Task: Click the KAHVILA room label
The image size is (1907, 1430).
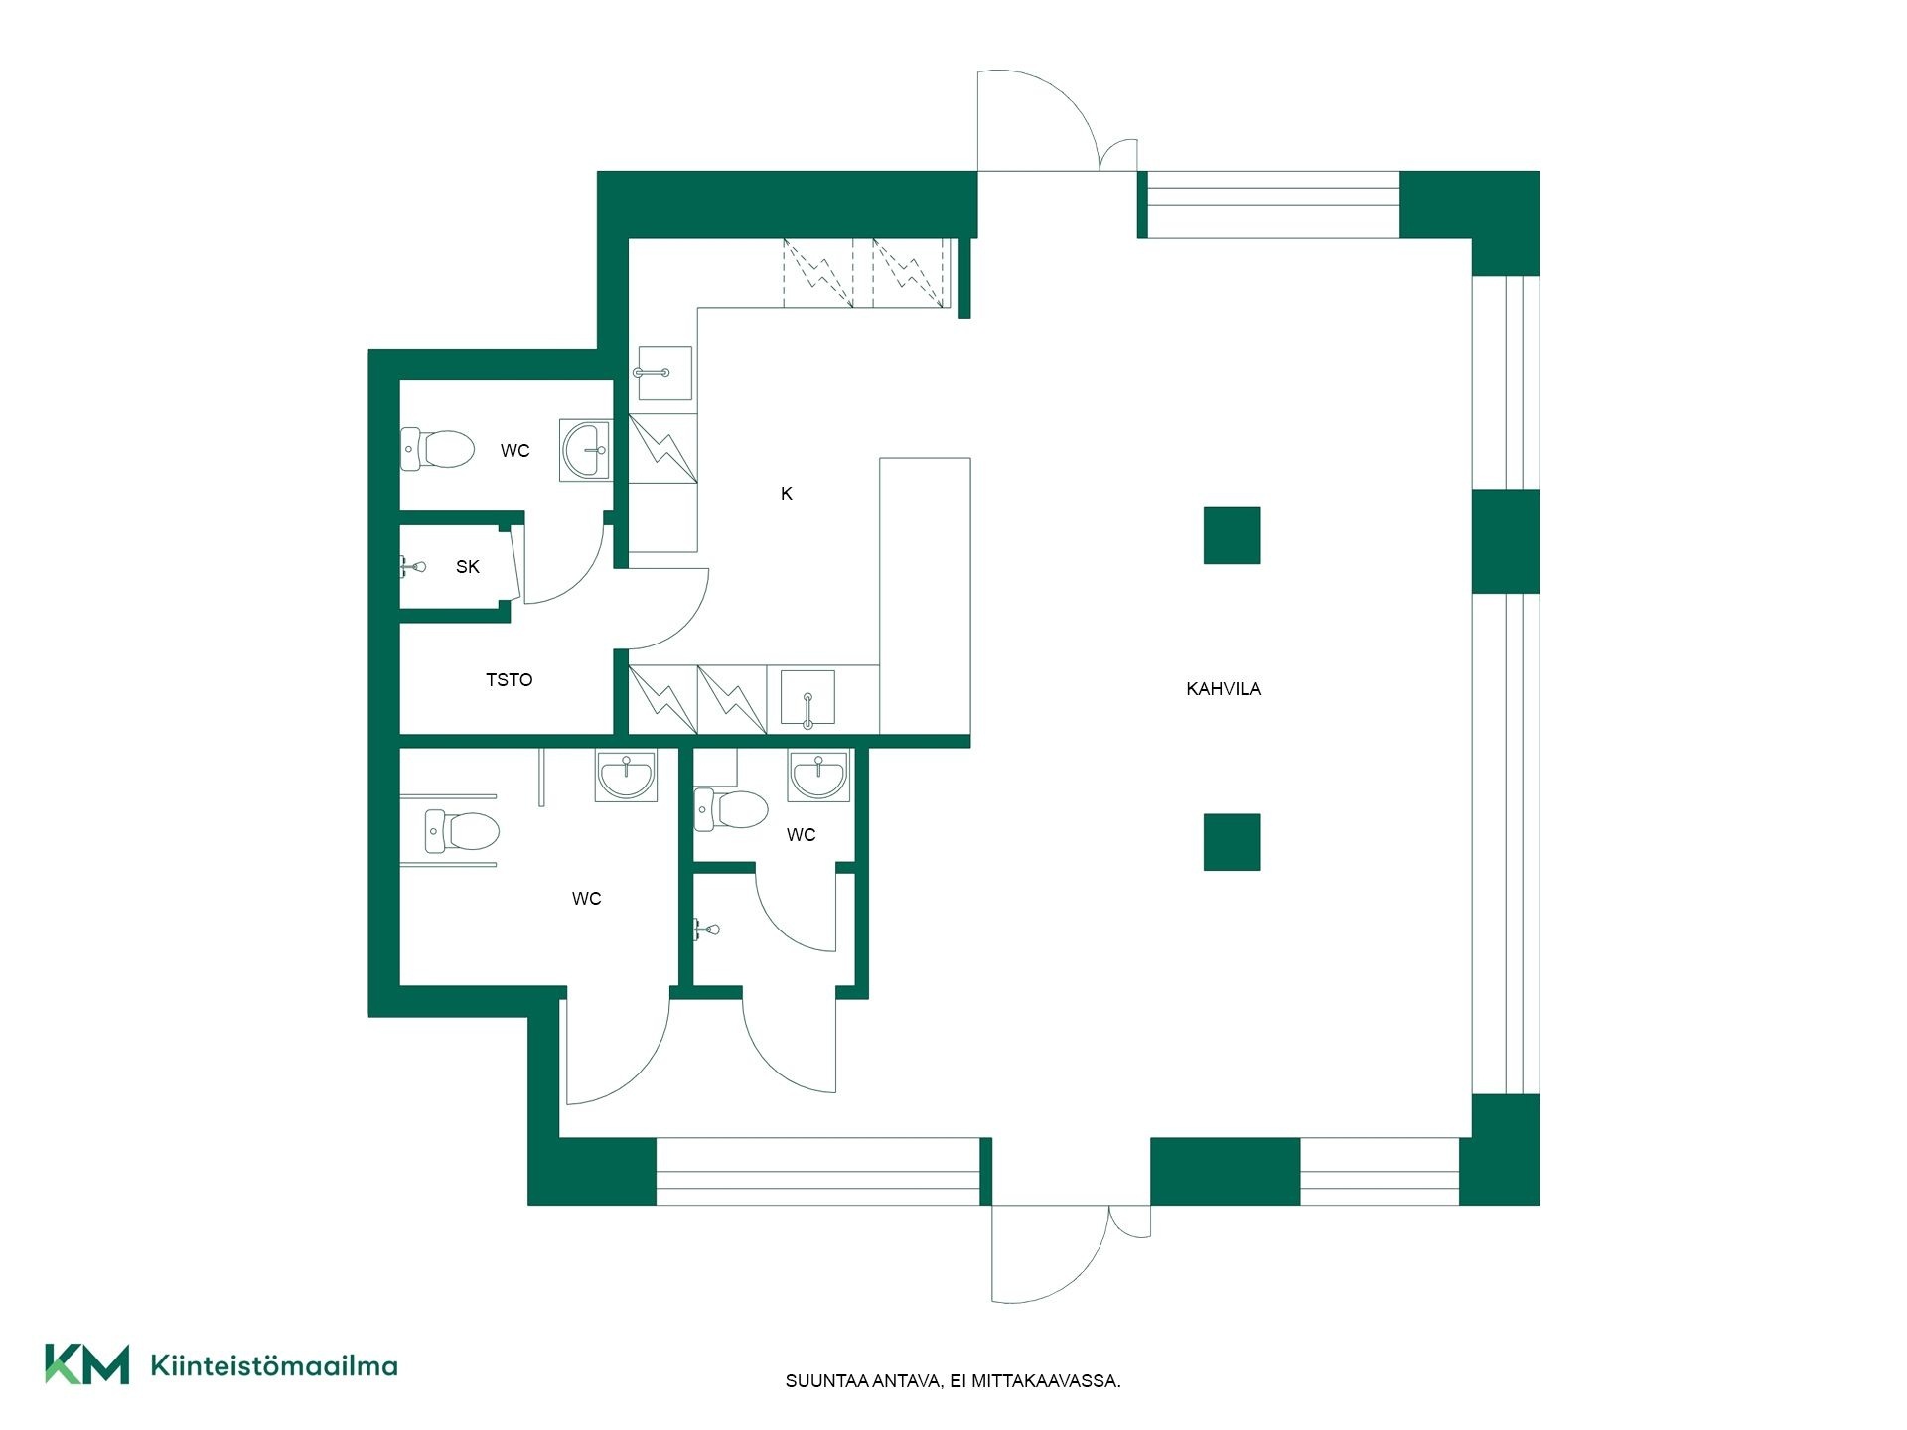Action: pos(1224,688)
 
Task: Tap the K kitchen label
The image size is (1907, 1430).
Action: pos(787,494)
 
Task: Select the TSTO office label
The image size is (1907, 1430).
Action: pos(510,680)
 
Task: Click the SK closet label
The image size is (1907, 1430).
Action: pos(468,567)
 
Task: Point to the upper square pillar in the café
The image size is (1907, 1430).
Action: pos(1233,535)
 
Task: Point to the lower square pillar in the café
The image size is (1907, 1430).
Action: pos(1233,842)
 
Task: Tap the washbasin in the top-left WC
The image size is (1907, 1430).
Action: pos(586,450)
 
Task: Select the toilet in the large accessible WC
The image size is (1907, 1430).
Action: pos(461,831)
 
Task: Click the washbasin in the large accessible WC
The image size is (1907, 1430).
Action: pos(626,775)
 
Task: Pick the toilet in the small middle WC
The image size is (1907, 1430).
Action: pos(731,809)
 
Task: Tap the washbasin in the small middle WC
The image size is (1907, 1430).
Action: pos(818,775)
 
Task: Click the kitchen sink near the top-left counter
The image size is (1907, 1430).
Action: pos(663,372)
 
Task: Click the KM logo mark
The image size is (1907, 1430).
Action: pos(87,1363)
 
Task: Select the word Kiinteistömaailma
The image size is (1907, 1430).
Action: pos(274,1365)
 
